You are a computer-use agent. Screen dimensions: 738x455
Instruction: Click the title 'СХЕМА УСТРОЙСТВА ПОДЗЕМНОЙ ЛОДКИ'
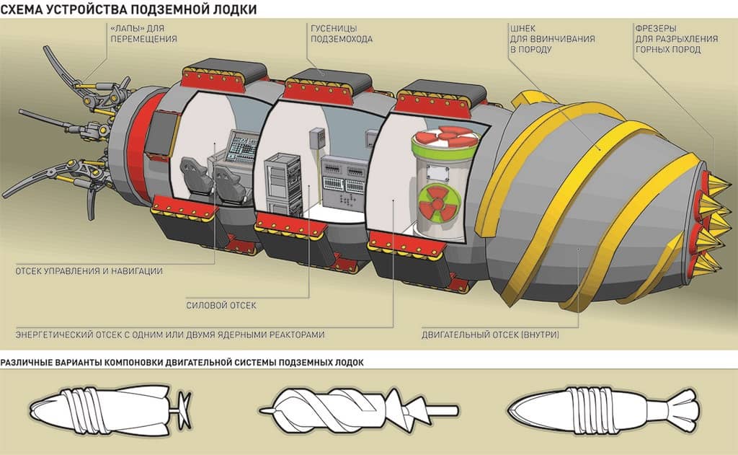tap(128, 9)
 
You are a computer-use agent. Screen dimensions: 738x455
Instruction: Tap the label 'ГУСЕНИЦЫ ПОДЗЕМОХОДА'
tap(341, 33)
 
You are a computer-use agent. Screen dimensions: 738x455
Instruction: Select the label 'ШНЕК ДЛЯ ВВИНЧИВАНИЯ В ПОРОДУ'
tap(552, 39)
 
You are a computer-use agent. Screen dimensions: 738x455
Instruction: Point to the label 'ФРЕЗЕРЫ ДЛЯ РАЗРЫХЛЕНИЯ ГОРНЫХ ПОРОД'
tap(676, 39)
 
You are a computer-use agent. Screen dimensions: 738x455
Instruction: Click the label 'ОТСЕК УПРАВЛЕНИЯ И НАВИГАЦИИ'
tap(89, 271)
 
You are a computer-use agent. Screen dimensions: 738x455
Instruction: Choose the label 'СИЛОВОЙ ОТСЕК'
tap(221, 305)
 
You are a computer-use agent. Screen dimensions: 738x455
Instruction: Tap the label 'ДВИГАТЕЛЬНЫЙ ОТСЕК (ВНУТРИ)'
tap(490, 335)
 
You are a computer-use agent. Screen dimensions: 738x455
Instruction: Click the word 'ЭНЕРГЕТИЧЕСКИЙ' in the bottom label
tap(54, 335)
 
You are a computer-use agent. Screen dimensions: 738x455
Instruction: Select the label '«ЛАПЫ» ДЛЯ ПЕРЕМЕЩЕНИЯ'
tap(143, 33)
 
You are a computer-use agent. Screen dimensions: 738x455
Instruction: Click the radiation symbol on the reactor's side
tap(438, 203)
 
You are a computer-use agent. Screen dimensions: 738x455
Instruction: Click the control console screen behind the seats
tap(244, 146)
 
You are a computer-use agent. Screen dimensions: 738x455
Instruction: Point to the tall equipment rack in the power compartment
tap(283, 184)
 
